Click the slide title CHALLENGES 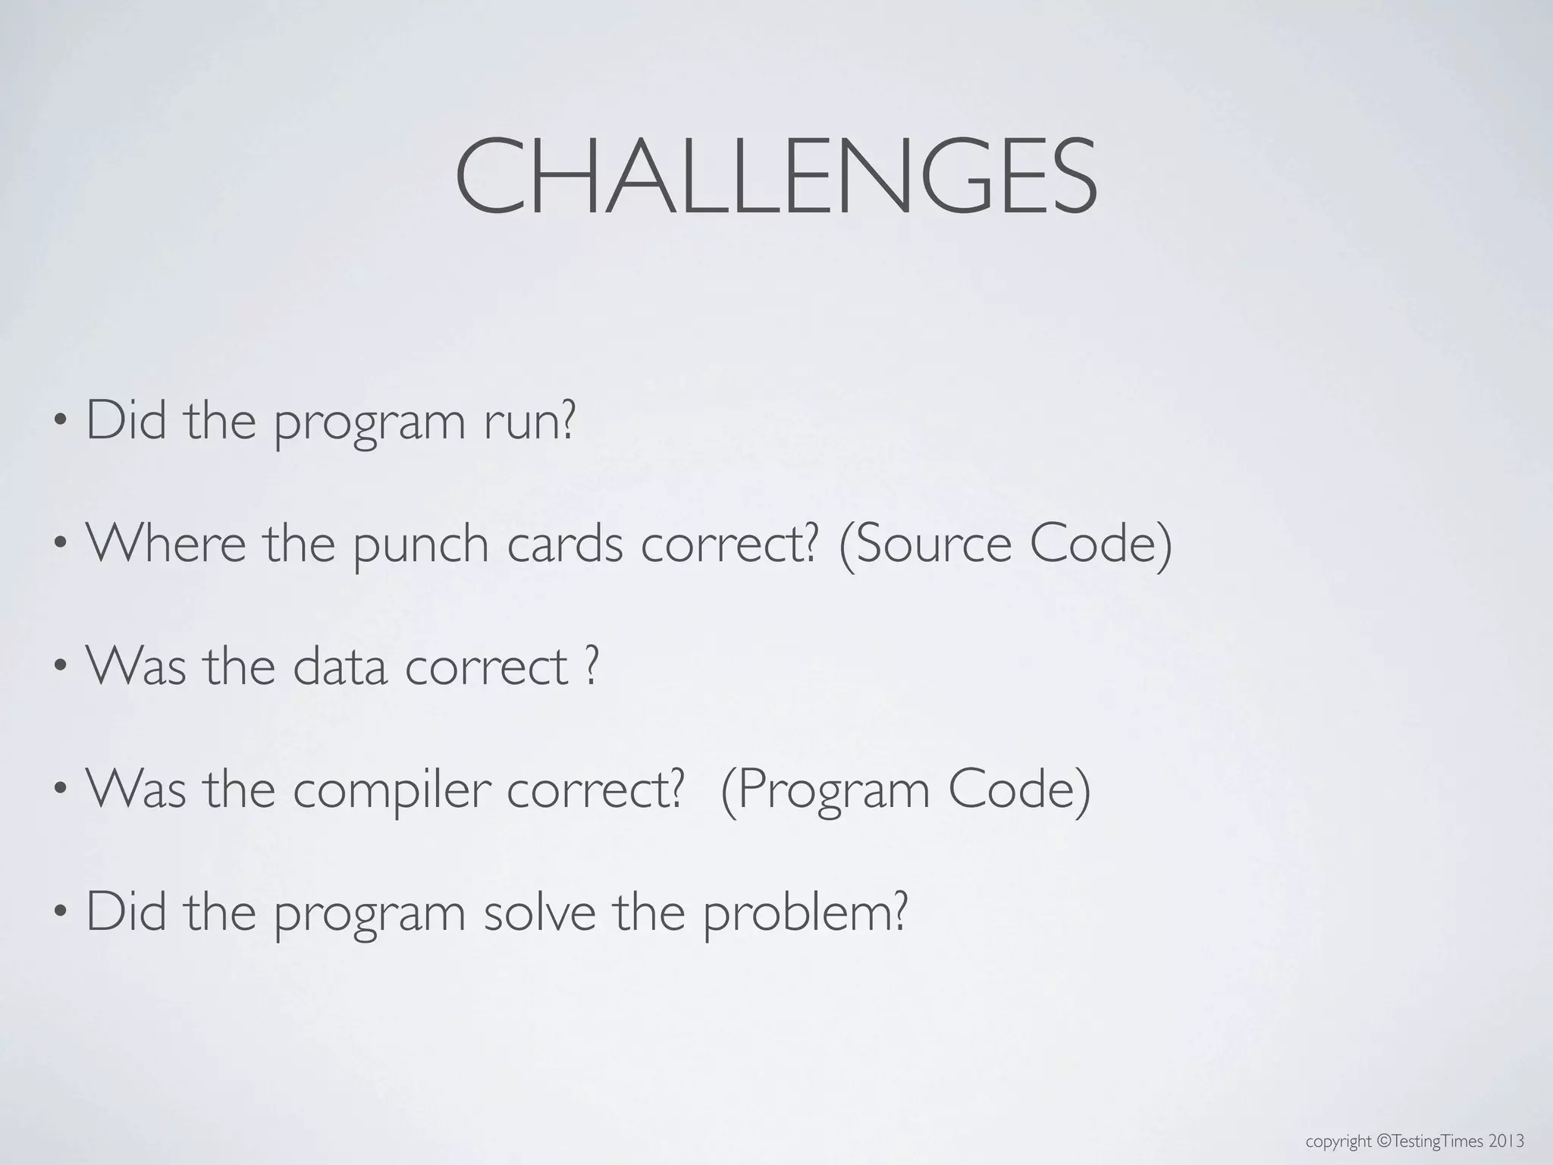[775, 176]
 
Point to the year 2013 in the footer [1506, 1141]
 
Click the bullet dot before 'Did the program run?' [61, 422]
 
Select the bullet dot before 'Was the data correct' [61, 667]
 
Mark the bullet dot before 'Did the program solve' [61, 912]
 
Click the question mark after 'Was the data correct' [592, 666]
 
